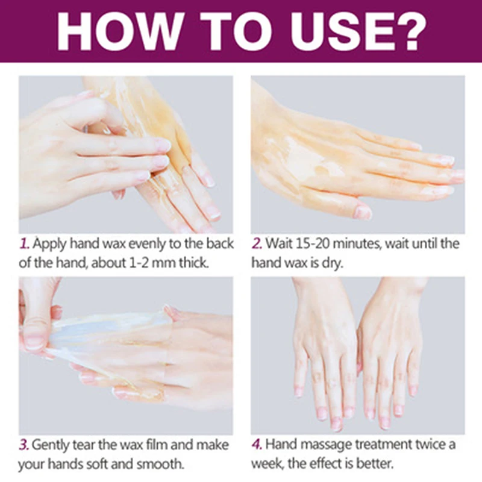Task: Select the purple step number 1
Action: [x=25, y=244]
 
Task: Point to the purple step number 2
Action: [x=257, y=244]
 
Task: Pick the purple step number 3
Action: [x=25, y=445]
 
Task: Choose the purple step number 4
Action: [x=257, y=445]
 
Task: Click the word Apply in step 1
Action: [x=50, y=244]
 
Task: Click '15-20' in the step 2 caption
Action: [x=311, y=244]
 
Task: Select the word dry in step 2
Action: [x=332, y=263]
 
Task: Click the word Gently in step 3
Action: [x=54, y=445]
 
